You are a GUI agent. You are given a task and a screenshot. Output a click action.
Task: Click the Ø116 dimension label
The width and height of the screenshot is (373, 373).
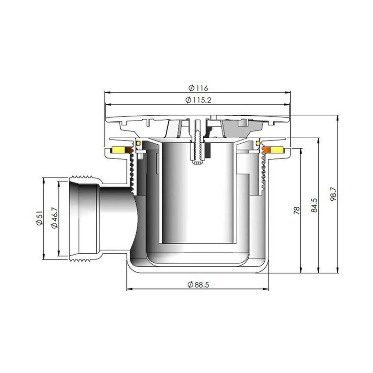(198, 88)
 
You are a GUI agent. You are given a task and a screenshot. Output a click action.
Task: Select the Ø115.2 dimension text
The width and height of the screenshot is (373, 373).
(198, 100)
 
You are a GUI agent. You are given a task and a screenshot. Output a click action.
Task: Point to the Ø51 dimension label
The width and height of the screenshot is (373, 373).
(39, 218)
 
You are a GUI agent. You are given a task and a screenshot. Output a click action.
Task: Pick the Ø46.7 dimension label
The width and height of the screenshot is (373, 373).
(55, 218)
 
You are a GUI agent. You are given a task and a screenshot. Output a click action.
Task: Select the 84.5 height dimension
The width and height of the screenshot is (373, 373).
(314, 205)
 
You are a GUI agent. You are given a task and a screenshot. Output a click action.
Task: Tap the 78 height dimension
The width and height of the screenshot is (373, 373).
(297, 210)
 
